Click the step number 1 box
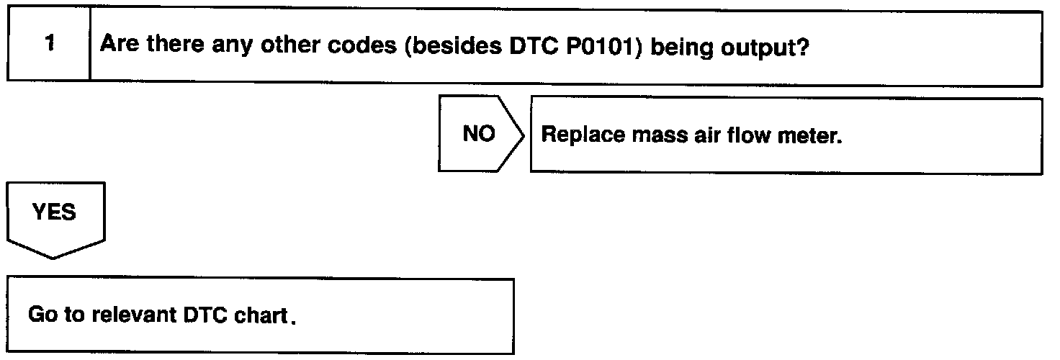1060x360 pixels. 48,45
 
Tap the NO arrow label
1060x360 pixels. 479,135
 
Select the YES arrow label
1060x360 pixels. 55,213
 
